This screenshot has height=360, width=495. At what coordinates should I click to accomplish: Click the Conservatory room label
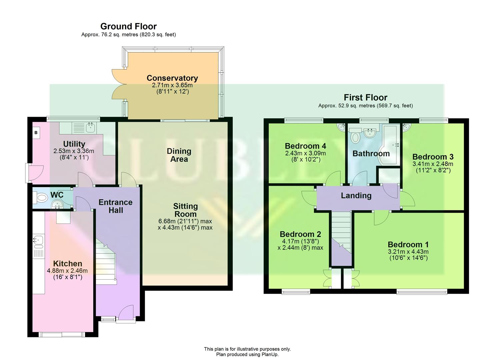point(172,78)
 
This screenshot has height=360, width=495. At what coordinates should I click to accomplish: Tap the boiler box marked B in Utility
point(36,133)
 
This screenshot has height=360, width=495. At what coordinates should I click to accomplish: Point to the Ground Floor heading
point(128,26)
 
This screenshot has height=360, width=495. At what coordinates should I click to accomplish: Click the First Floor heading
point(365,98)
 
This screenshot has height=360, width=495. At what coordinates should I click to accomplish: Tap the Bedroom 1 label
point(408,244)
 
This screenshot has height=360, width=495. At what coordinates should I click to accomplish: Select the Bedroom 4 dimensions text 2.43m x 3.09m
point(305,153)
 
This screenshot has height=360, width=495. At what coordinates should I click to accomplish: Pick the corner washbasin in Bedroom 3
point(406,127)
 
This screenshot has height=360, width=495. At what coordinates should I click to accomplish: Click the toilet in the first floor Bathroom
point(356,137)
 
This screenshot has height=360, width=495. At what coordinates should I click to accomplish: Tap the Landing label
point(356,196)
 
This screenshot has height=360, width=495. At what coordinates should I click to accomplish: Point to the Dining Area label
point(179,155)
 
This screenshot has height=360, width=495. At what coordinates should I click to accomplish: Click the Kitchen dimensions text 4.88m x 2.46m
point(67,271)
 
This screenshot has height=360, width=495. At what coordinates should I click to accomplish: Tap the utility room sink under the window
point(89,127)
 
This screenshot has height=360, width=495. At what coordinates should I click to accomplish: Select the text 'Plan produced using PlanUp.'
point(247,354)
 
